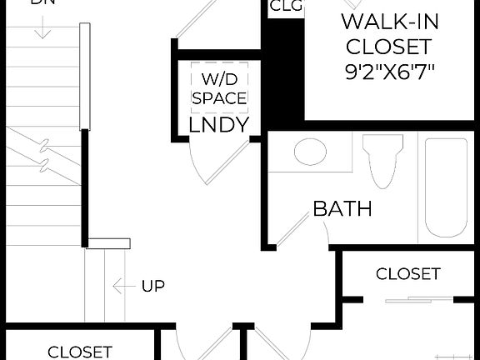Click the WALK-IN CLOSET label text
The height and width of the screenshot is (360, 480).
[x=388, y=33]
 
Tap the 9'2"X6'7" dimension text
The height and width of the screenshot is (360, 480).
[x=389, y=70]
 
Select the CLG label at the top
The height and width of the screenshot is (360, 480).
[x=286, y=7]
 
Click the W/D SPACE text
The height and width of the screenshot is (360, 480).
[x=219, y=89]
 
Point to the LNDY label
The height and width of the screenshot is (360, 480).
[x=219, y=125]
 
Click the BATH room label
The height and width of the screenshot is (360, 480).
[x=342, y=208]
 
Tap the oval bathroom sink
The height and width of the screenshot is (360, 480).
[x=309, y=152]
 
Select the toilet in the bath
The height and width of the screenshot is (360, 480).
[x=382, y=160]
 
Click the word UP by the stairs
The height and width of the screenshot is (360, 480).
[x=152, y=287]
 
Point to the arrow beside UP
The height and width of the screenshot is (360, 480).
[x=123, y=287]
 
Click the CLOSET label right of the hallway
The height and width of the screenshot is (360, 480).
[x=407, y=274]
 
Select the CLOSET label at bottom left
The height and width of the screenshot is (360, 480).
[x=79, y=352]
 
